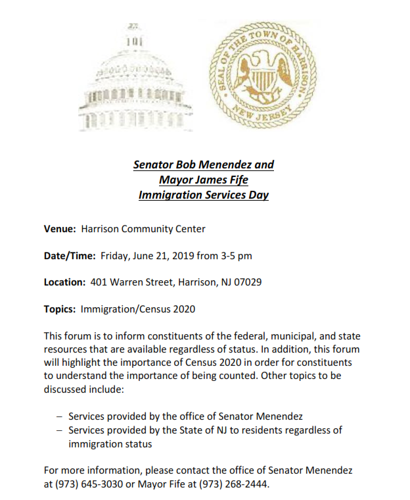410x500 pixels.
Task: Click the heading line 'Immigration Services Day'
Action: coord(203,195)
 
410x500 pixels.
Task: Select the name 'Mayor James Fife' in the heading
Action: coord(203,180)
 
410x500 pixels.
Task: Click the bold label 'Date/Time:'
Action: coord(70,255)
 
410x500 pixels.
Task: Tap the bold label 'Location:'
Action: coord(64,282)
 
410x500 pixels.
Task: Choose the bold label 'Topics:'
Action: coord(60,309)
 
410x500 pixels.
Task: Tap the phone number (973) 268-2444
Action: coord(235,484)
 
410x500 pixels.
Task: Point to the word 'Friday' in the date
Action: coord(116,255)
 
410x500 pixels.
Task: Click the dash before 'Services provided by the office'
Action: coord(60,416)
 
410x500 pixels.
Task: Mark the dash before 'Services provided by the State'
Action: coord(60,430)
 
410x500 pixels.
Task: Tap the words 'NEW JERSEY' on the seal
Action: coord(266,116)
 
